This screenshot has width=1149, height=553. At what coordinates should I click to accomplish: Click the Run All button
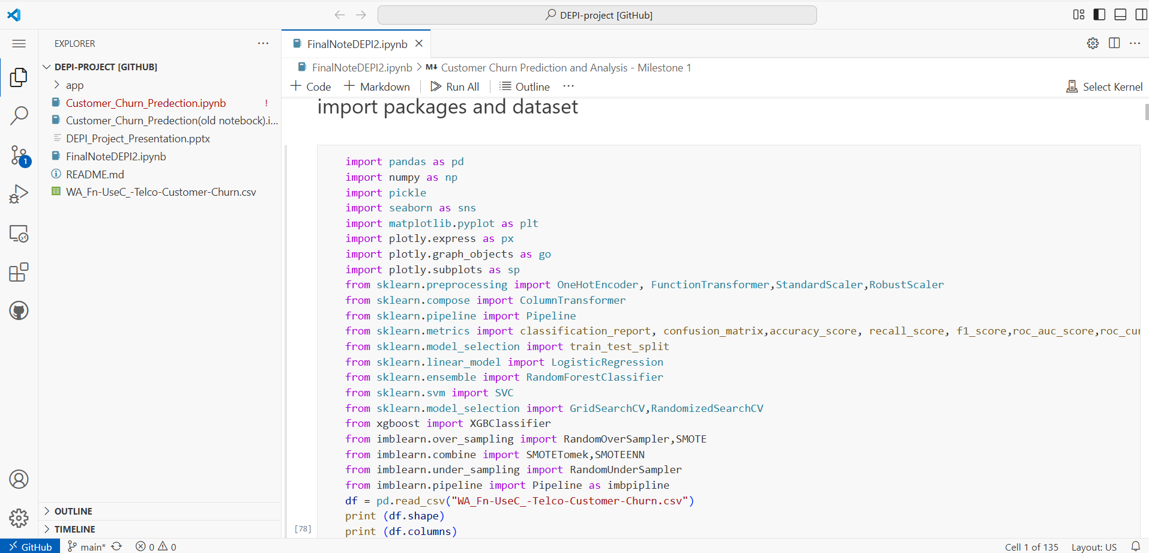455,86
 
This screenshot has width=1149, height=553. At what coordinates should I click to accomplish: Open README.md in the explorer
95,174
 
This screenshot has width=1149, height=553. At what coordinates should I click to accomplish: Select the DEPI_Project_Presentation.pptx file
138,139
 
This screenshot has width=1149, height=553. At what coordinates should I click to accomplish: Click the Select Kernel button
1105,86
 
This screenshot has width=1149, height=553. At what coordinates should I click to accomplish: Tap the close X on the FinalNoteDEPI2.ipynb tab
419,43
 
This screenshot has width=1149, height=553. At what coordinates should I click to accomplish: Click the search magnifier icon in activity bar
19,115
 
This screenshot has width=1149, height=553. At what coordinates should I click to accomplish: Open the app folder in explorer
74,85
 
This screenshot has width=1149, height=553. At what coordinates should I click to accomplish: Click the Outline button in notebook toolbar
525,86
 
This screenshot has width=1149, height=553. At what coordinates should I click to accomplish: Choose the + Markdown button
377,86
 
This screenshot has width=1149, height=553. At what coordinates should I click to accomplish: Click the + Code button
311,86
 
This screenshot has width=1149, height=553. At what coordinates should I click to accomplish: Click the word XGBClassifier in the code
510,423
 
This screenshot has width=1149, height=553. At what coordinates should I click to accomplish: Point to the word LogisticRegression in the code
608,362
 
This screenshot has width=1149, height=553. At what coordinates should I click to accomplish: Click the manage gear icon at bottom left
19,518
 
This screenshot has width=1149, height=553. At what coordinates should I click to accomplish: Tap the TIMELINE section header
75,529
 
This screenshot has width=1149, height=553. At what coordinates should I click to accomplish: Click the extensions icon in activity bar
19,272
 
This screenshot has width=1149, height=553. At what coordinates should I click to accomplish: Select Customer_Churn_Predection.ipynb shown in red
146,103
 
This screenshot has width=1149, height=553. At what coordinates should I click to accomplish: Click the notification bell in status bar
1136,546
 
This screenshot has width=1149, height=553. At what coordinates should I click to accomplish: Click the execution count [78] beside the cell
303,528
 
